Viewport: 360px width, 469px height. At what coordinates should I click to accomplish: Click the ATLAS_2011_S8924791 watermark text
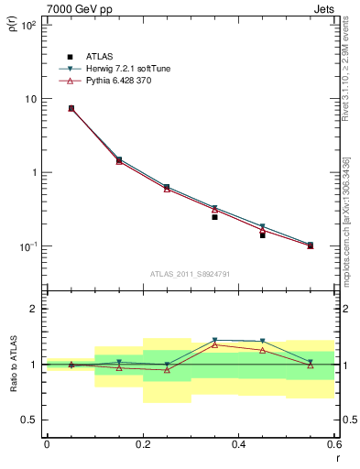pos(190,273)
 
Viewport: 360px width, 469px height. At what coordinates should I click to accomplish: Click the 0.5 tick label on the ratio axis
pos(29,420)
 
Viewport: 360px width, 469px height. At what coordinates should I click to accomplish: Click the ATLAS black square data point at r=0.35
pos(214,217)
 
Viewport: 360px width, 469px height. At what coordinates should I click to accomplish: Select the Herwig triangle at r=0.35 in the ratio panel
pos(214,340)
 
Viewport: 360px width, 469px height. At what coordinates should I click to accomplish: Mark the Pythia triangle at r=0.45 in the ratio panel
pos(262,350)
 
